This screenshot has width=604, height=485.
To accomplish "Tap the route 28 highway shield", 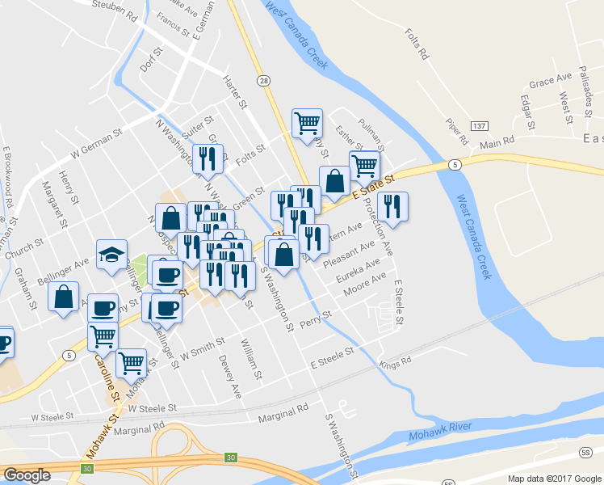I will [264, 81].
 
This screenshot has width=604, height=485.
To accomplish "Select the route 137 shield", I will [479, 126].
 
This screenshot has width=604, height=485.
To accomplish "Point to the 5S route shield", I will [587, 451].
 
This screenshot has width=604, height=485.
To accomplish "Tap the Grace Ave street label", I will [548, 82].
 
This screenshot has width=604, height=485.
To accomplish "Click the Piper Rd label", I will [457, 132].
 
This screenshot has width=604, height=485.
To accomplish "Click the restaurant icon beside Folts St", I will [209, 159].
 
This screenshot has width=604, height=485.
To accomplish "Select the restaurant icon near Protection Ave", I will [392, 206].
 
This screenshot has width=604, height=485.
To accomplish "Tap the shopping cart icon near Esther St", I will [307, 124].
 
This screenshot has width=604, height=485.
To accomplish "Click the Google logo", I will [27, 475].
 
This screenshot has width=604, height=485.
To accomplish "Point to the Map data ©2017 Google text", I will [554, 478].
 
